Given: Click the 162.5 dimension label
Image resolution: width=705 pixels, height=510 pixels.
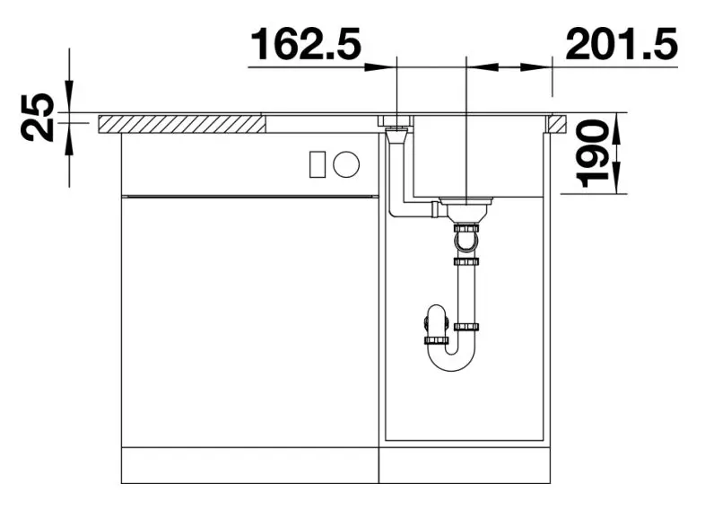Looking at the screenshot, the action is [x=306, y=44].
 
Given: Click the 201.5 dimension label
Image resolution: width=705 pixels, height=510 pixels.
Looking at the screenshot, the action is [x=622, y=44].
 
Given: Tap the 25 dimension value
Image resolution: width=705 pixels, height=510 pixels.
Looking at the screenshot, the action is [x=38, y=117].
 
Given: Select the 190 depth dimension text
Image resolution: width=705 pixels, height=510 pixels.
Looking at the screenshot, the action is [x=593, y=154].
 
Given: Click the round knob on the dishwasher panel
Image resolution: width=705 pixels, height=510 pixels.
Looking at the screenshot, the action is [x=346, y=163].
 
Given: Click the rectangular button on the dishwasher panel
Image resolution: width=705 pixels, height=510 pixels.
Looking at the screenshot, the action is [x=318, y=164].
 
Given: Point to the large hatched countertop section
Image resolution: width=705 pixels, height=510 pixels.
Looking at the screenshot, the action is [x=182, y=124].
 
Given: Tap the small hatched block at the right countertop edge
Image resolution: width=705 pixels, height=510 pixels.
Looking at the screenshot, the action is [x=558, y=124].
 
